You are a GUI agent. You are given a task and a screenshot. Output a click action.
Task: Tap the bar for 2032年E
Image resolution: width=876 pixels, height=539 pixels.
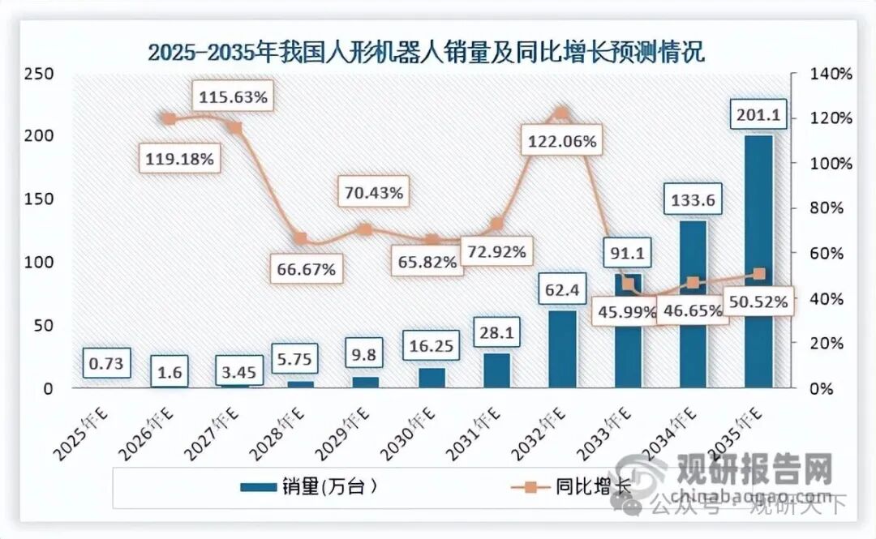[562, 349]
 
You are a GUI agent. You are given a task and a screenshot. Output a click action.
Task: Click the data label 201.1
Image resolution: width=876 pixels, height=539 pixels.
[759, 116]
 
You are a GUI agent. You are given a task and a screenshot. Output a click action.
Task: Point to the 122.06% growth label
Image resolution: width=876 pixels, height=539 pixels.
[562, 142]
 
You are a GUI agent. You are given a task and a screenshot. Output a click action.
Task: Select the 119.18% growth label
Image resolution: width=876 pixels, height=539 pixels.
[179, 159]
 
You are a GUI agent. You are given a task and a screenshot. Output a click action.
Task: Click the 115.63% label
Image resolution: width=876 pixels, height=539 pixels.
[233, 97]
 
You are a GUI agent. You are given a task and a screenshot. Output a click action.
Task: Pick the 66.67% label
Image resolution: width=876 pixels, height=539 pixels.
[302, 269]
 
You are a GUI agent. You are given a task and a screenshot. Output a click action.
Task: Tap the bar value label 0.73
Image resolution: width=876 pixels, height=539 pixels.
[105, 364]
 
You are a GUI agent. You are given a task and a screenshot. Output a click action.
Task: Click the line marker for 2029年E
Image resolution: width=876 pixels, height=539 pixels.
[365, 229]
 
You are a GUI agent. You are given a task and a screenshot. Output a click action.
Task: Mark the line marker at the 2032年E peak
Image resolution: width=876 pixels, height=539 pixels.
[562, 113]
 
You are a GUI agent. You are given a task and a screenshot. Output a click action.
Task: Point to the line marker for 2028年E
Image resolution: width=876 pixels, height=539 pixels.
[300, 238]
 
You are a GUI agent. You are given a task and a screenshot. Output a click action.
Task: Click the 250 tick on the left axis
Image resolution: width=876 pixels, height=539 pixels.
[37, 74]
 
